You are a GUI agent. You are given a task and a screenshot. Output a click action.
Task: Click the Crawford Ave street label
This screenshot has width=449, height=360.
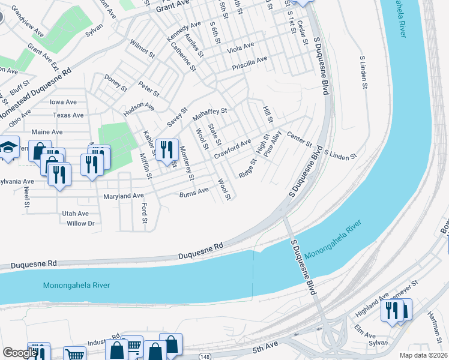click(233, 149)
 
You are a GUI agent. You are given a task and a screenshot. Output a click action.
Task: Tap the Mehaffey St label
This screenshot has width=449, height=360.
click(209, 112)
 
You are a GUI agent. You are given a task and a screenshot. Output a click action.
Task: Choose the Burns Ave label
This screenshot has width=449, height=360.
click(194, 192)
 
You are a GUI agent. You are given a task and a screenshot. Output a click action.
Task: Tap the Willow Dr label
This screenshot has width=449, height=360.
click(80, 223)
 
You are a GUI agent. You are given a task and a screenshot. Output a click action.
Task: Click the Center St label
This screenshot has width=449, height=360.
click(300, 139)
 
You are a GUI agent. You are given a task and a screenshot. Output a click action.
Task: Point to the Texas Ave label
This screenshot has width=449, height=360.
click(68, 115)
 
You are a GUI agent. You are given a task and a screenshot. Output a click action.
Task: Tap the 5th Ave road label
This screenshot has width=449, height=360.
click(265, 349)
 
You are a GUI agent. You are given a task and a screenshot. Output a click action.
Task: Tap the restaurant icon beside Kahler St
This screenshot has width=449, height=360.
click(166, 148)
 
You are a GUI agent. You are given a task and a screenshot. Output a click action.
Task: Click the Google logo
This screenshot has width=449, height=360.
click(20, 353)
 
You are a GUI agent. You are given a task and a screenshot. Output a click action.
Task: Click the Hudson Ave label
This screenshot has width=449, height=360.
click(139, 107)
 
